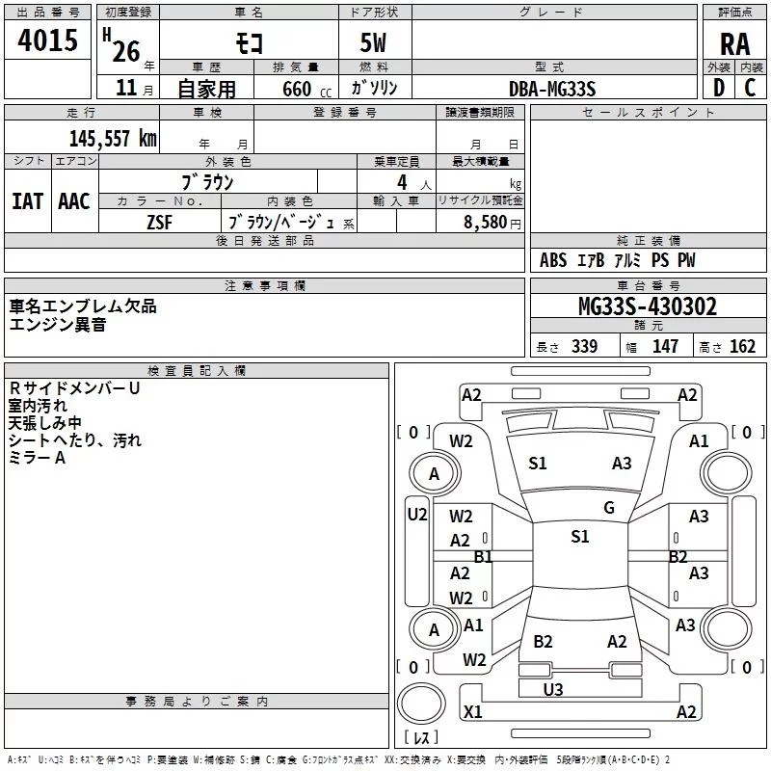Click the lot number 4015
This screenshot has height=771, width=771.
coord(47,40)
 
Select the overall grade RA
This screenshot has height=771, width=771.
coord(734,44)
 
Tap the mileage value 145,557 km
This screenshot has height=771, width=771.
coord(113,139)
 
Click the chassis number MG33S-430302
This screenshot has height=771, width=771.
coord(648,306)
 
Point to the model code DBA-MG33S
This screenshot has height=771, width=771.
coord(552,89)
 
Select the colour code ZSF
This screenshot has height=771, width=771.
coord(159,223)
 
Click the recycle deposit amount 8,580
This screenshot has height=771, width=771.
coord(485,223)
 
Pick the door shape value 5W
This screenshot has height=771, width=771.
coord(373,42)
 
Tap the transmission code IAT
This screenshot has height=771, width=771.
coord(27,201)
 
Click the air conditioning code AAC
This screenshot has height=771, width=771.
coord(74,201)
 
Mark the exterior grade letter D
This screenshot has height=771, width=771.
coord(719,88)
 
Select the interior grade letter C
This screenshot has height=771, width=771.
coord(750,88)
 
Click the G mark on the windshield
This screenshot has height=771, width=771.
coord(609,508)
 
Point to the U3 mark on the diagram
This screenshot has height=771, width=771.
coord(552,690)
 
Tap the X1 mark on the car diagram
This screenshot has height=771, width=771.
coord(473,711)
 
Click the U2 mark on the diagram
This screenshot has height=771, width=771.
coord(417,515)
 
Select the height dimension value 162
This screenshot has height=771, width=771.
coord(742,346)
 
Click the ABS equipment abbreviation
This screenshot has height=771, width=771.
coord(553,260)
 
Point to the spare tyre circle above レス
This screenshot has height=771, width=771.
coord(421,704)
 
